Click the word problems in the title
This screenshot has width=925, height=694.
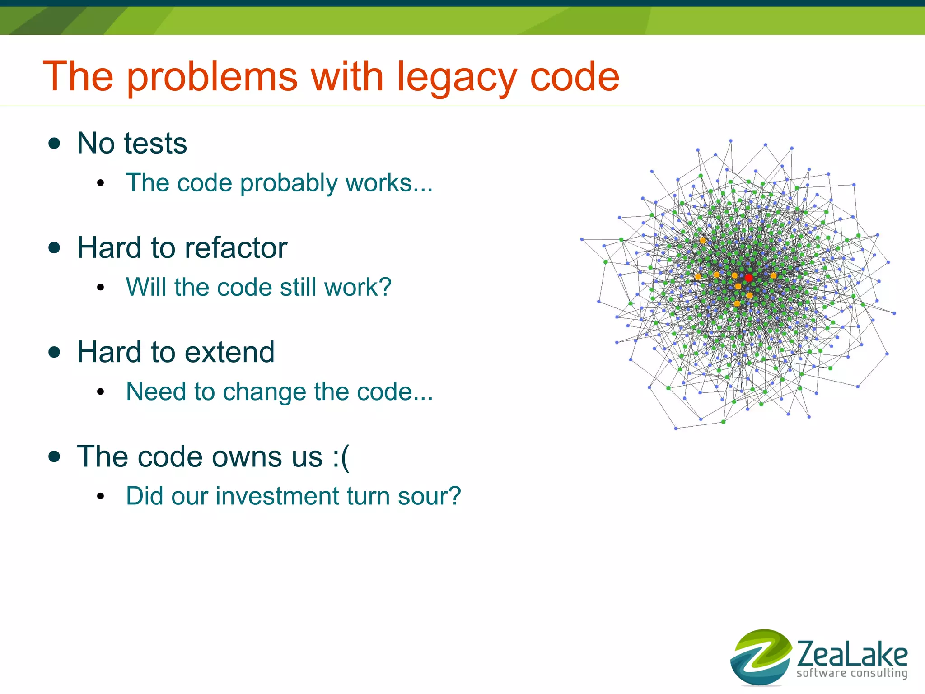pyautogui.click(x=212, y=78)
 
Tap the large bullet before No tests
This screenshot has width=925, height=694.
pyautogui.click(x=54, y=144)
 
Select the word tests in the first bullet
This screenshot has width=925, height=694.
pyautogui.click(x=155, y=144)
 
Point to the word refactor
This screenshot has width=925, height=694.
pyautogui.click(x=235, y=248)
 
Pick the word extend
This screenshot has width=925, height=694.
pyautogui.click(x=229, y=352)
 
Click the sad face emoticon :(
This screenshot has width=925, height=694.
pyautogui.click(x=341, y=457)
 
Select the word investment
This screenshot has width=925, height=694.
pyautogui.click(x=277, y=496)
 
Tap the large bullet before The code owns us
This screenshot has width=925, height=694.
pyautogui.click(x=54, y=456)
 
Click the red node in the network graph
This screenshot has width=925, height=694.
pyautogui.click(x=748, y=278)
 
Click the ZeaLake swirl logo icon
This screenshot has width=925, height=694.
pyautogui.click(x=761, y=657)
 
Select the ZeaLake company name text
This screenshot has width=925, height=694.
pyautogui.click(x=852, y=654)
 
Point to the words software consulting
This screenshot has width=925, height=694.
pyautogui.click(x=852, y=673)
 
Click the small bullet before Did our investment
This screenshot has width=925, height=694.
pyautogui.click(x=100, y=497)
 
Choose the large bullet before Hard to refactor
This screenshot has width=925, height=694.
pyautogui.click(x=54, y=248)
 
